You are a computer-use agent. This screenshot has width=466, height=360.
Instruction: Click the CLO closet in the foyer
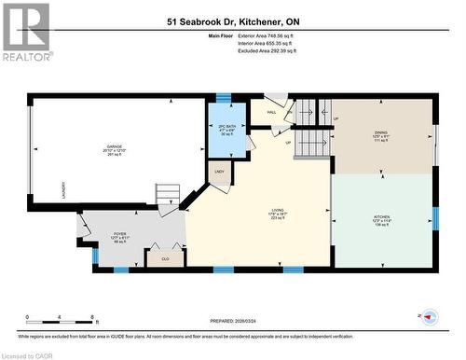tap(165, 258)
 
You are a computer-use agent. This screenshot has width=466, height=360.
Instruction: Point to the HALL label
tap(271, 114)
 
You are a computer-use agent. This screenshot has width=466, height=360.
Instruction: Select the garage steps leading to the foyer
tap(168, 197)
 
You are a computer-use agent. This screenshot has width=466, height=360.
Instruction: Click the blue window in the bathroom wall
tap(224, 97)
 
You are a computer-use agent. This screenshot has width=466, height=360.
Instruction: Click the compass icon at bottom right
tap(430, 317)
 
